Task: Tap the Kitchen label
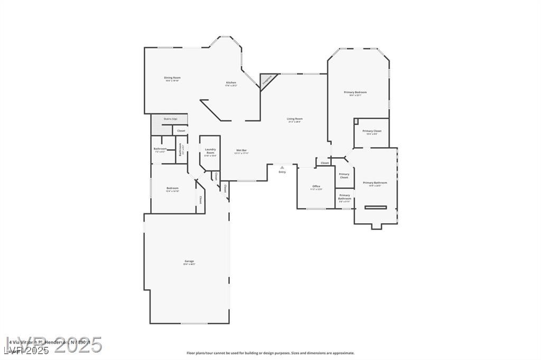231,83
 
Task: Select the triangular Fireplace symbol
267,79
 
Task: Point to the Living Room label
294,119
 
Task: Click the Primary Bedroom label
355,93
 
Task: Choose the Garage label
189,261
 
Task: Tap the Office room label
316,186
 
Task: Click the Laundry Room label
210,151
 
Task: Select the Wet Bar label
241,151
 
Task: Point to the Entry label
282,172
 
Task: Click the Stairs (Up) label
170,119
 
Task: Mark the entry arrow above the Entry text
282,167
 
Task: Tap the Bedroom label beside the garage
172,188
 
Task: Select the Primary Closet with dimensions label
371,131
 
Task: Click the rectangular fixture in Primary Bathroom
375,207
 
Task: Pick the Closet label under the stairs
181,130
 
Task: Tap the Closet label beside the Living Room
324,163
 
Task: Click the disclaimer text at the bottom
270,353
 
